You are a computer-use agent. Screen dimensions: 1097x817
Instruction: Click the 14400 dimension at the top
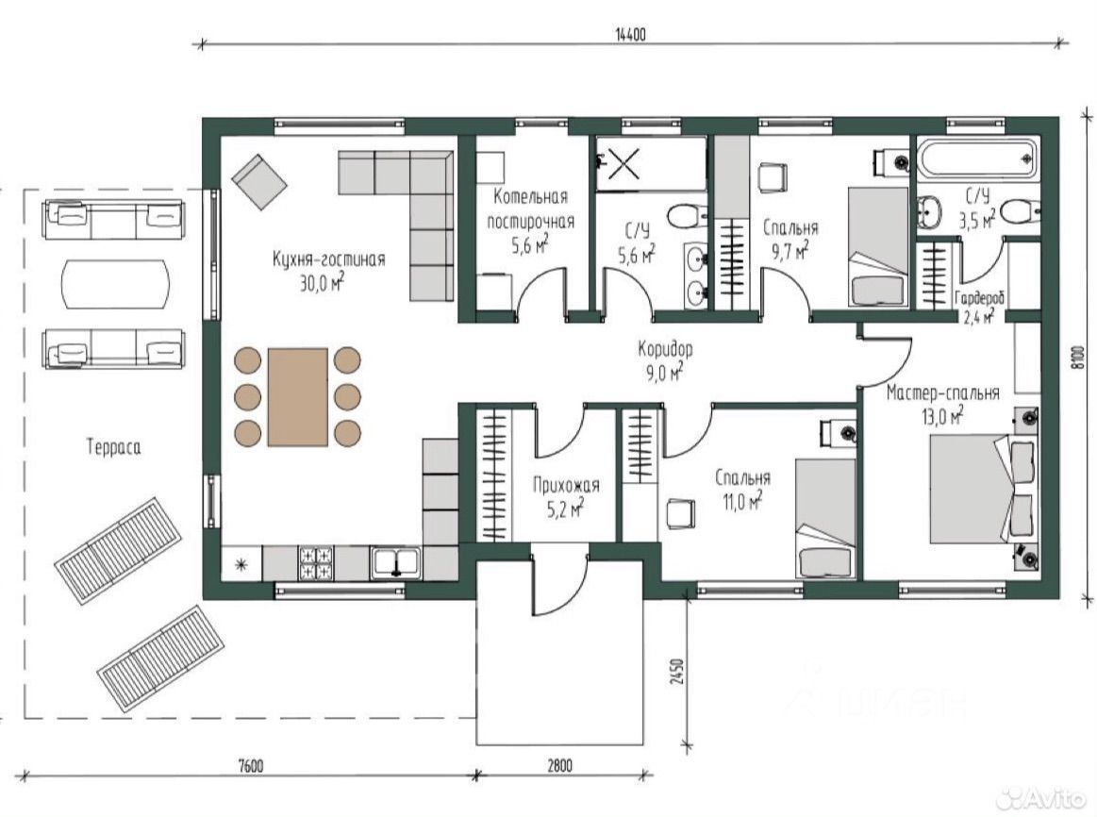click(x=630, y=34)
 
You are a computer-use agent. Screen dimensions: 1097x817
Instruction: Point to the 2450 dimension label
click(x=675, y=673)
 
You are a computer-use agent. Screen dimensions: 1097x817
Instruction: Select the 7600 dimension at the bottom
click(x=251, y=765)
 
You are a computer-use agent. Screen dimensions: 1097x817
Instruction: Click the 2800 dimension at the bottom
click(x=559, y=765)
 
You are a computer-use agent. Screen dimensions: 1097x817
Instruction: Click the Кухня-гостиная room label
click(x=329, y=259)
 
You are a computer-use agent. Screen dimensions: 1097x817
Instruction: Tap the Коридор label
click(x=665, y=347)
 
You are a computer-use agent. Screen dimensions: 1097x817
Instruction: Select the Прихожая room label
click(x=566, y=485)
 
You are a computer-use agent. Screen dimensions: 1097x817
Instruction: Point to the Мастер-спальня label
click(x=943, y=392)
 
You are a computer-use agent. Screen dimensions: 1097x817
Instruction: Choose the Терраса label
click(x=113, y=447)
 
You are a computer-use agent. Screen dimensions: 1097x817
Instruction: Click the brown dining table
click(x=298, y=396)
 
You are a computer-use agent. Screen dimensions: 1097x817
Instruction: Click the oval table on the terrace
click(x=115, y=284)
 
